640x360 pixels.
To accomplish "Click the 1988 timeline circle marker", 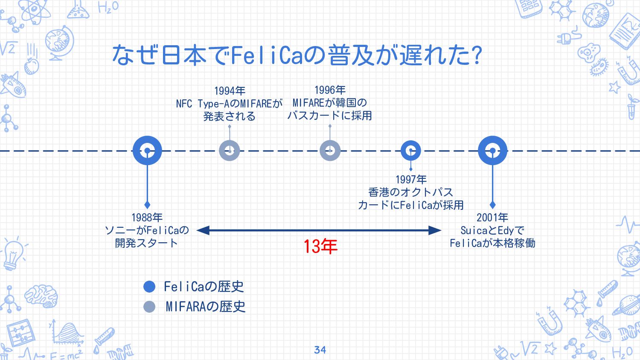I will tap(147, 151).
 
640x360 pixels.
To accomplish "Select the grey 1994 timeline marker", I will tap(230, 151).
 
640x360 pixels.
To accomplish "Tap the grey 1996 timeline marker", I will tap(330, 151).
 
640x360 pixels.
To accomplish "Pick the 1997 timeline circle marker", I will tap(411, 151).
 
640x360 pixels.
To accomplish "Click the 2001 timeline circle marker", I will tap(492, 151).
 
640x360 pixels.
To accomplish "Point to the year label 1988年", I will tap(147, 218).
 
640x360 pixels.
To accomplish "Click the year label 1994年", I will tap(230, 91).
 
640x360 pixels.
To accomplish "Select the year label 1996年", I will tap(330, 90).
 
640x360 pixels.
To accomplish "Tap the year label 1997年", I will tap(411, 180).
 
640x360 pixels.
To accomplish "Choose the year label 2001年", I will tap(492, 218).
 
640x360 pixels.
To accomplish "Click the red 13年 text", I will tap(320, 247).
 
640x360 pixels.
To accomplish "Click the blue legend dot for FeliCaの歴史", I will tap(149, 287).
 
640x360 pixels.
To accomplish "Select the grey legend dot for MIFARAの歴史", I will tap(149, 307).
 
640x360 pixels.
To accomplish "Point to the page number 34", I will tap(320, 350).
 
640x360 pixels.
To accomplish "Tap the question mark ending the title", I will tap(477, 55).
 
